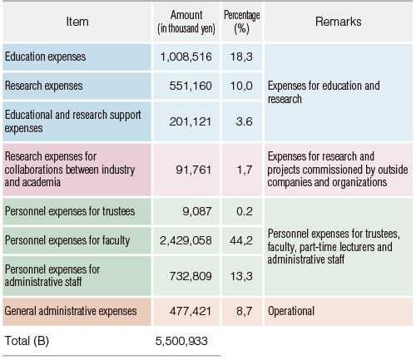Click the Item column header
77,22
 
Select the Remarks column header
339,22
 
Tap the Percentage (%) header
242,22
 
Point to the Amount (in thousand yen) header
186,22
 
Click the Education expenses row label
45,57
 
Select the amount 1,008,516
186,57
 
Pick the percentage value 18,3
241,57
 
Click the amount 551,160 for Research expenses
191,86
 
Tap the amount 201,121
191,121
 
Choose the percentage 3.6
245,121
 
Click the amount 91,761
194,170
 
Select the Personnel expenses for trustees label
70,211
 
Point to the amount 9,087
197,211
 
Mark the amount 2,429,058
186,240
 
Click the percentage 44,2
241,240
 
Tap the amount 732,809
191,276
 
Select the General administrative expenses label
71,311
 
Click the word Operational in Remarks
291,311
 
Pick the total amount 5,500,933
181,341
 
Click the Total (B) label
27,341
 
